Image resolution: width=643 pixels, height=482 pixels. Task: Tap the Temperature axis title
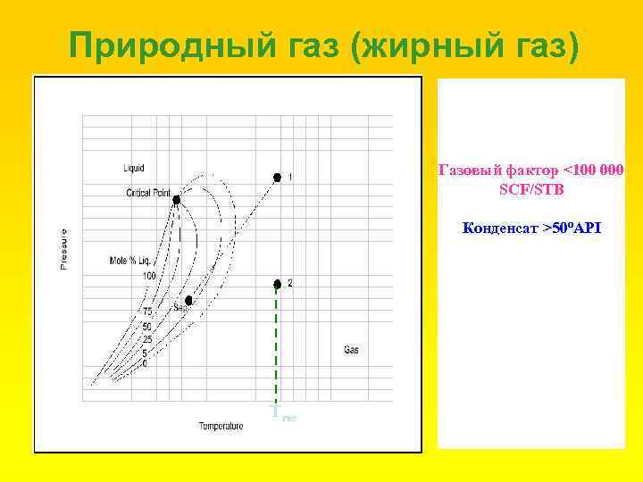tap(221, 426)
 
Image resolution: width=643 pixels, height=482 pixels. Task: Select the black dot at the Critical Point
tap(176, 200)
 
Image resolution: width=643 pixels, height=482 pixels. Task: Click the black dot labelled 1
tap(277, 177)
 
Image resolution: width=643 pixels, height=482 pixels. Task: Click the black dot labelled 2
tap(277, 284)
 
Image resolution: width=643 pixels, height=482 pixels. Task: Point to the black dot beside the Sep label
tap(188, 300)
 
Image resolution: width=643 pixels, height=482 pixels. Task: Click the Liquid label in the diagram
tap(134, 168)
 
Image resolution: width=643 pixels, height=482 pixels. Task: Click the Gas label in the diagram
tap(351, 349)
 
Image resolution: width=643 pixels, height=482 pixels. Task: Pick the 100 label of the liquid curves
tap(148, 276)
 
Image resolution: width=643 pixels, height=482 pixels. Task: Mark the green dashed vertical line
tap(277, 348)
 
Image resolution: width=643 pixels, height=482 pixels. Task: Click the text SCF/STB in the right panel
tap(531, 190)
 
